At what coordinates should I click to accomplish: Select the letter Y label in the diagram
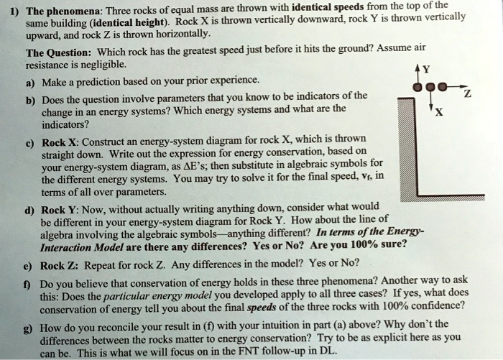coord(427,70)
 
